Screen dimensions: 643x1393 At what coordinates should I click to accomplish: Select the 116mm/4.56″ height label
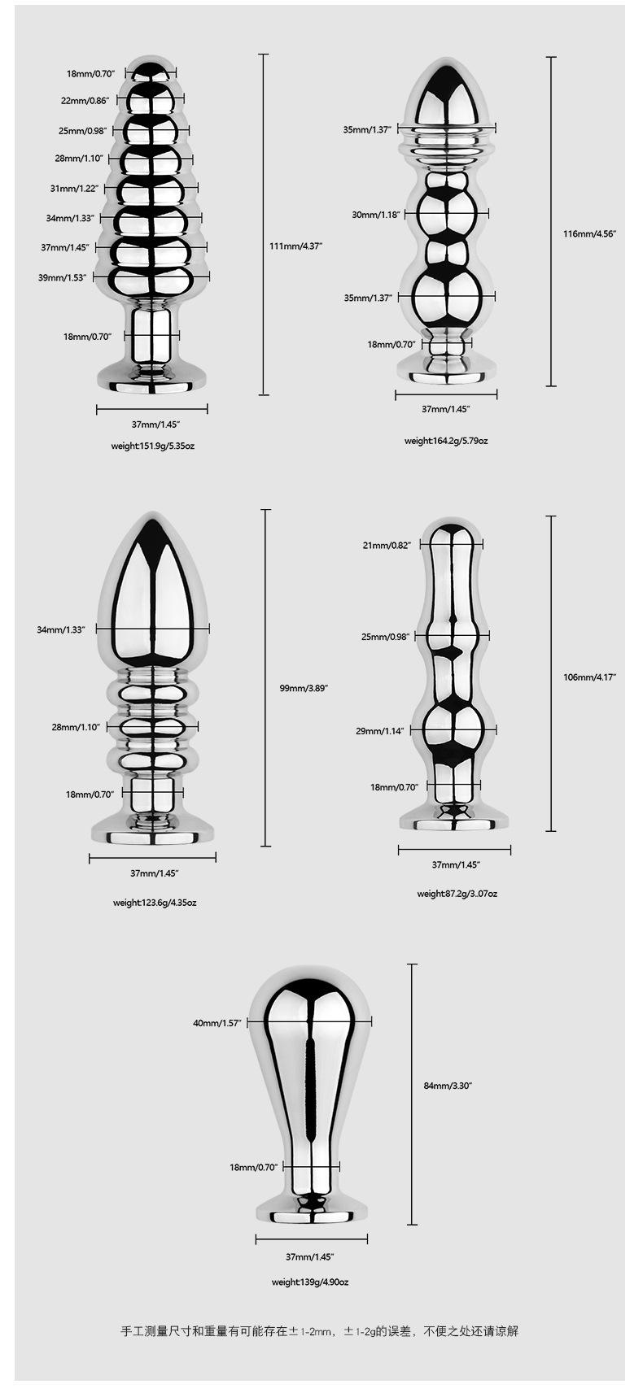pos(589,234)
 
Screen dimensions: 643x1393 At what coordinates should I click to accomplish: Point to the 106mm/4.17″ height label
pos(589,677)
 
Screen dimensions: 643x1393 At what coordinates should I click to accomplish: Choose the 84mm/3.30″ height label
pos(448,1085)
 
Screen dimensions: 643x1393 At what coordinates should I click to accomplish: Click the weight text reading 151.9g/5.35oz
pos(153,446)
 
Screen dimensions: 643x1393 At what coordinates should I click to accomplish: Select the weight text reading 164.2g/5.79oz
pos(446,441)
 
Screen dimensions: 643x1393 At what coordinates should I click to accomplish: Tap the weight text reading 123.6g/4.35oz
pos(155,902)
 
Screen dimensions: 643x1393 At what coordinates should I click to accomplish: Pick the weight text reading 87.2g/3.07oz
pos(457,893)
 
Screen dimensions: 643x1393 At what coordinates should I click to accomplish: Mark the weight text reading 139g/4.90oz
pos(309,1282)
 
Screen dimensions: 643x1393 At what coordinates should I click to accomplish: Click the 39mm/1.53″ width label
pos(62,277)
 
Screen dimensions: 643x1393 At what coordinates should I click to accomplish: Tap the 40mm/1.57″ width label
pos(217,1023)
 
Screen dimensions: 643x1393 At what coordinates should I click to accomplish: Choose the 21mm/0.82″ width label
pos(387,545)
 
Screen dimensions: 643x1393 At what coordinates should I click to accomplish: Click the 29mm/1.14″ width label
pos(379,731)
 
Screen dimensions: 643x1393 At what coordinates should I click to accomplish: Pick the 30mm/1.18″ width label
pos(376,215)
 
